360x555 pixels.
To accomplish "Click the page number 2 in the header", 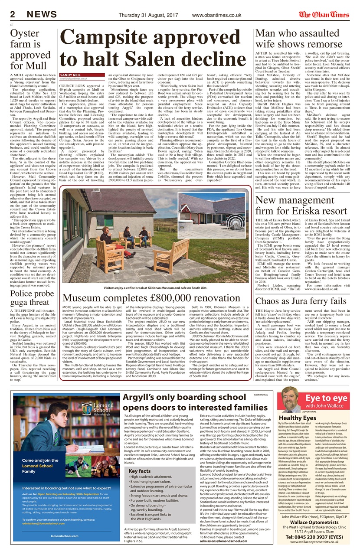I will click(13, 14).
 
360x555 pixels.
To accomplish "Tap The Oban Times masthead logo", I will click(329, 14).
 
